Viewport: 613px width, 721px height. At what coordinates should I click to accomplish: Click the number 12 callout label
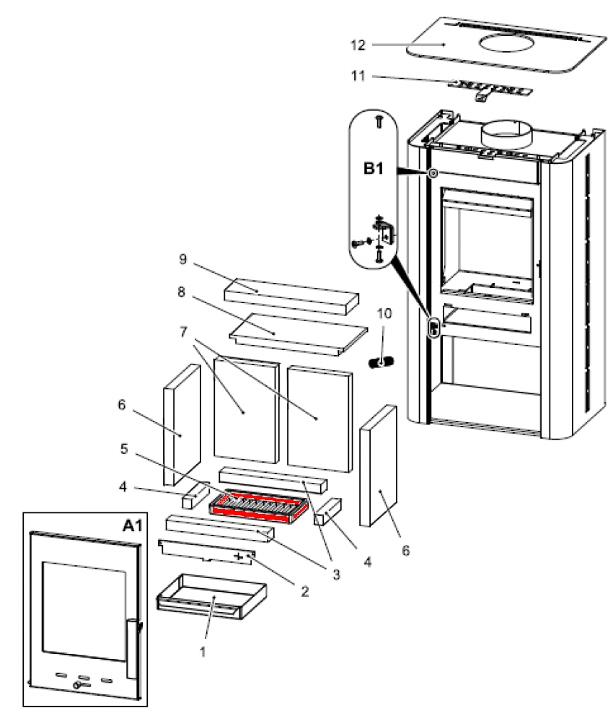click(x=358, y=45)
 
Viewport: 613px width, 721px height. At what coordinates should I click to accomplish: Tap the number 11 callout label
click(x=358, y=76)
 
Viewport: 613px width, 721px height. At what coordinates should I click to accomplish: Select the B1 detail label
click(x=373, y=168)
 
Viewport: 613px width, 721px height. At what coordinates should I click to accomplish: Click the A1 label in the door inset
click(x=133, y=525)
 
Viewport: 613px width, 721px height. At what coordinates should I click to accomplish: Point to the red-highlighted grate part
click(x=258, y=508)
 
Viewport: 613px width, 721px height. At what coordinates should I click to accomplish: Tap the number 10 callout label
click(x=384, y=313)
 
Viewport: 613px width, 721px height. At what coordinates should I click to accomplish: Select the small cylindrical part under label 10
click(x=382, y=362)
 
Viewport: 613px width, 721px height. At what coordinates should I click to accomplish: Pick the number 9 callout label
click(x=183, y=259)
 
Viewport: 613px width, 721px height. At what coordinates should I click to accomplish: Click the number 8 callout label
click(x=181, y=292)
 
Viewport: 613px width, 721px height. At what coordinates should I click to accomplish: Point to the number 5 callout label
click(x=124, y=448)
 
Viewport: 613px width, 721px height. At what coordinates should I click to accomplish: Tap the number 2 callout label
click(x=304, y=591)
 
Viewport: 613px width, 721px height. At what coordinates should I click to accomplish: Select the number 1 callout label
click(x=202, y=651)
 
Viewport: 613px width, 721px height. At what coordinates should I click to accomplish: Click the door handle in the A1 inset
click(x=133, y=649)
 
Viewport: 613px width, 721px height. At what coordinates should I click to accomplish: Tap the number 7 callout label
click(x=184, y=331)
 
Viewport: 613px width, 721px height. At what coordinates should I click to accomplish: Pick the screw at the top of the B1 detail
click(x=379, y=121)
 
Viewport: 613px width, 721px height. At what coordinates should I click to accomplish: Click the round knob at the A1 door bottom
click(x=77, y=686)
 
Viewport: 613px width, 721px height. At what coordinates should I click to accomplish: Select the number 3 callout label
click(x=336, y=574)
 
